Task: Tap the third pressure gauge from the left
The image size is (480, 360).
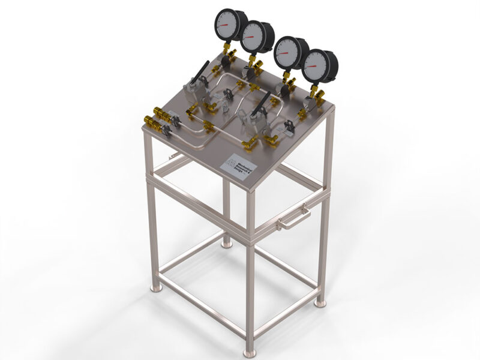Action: coord(290,53)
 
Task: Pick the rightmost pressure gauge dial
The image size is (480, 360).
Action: coord(319,66)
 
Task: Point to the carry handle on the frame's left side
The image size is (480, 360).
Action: coord(174,155)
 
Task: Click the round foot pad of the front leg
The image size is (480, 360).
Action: coord(249,353)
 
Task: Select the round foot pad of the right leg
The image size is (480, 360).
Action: coord(320,303)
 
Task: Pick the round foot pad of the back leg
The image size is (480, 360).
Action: coord(226,244)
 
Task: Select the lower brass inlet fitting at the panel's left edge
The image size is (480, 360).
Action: coord(154,125)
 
